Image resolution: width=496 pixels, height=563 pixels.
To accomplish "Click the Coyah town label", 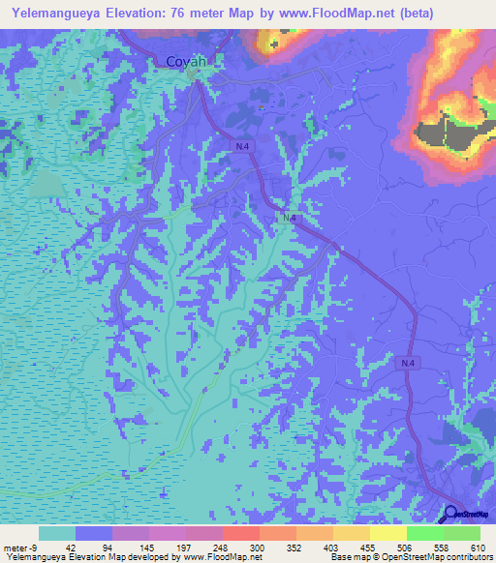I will [187, 62].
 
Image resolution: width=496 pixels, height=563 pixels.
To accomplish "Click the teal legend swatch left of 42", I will [57, 533].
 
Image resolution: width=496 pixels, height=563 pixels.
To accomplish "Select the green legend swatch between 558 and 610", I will [462, 533].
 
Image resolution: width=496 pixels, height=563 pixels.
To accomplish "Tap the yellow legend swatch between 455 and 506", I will [387, 533].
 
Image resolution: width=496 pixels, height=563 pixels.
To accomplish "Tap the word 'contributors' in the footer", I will [470, 557].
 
